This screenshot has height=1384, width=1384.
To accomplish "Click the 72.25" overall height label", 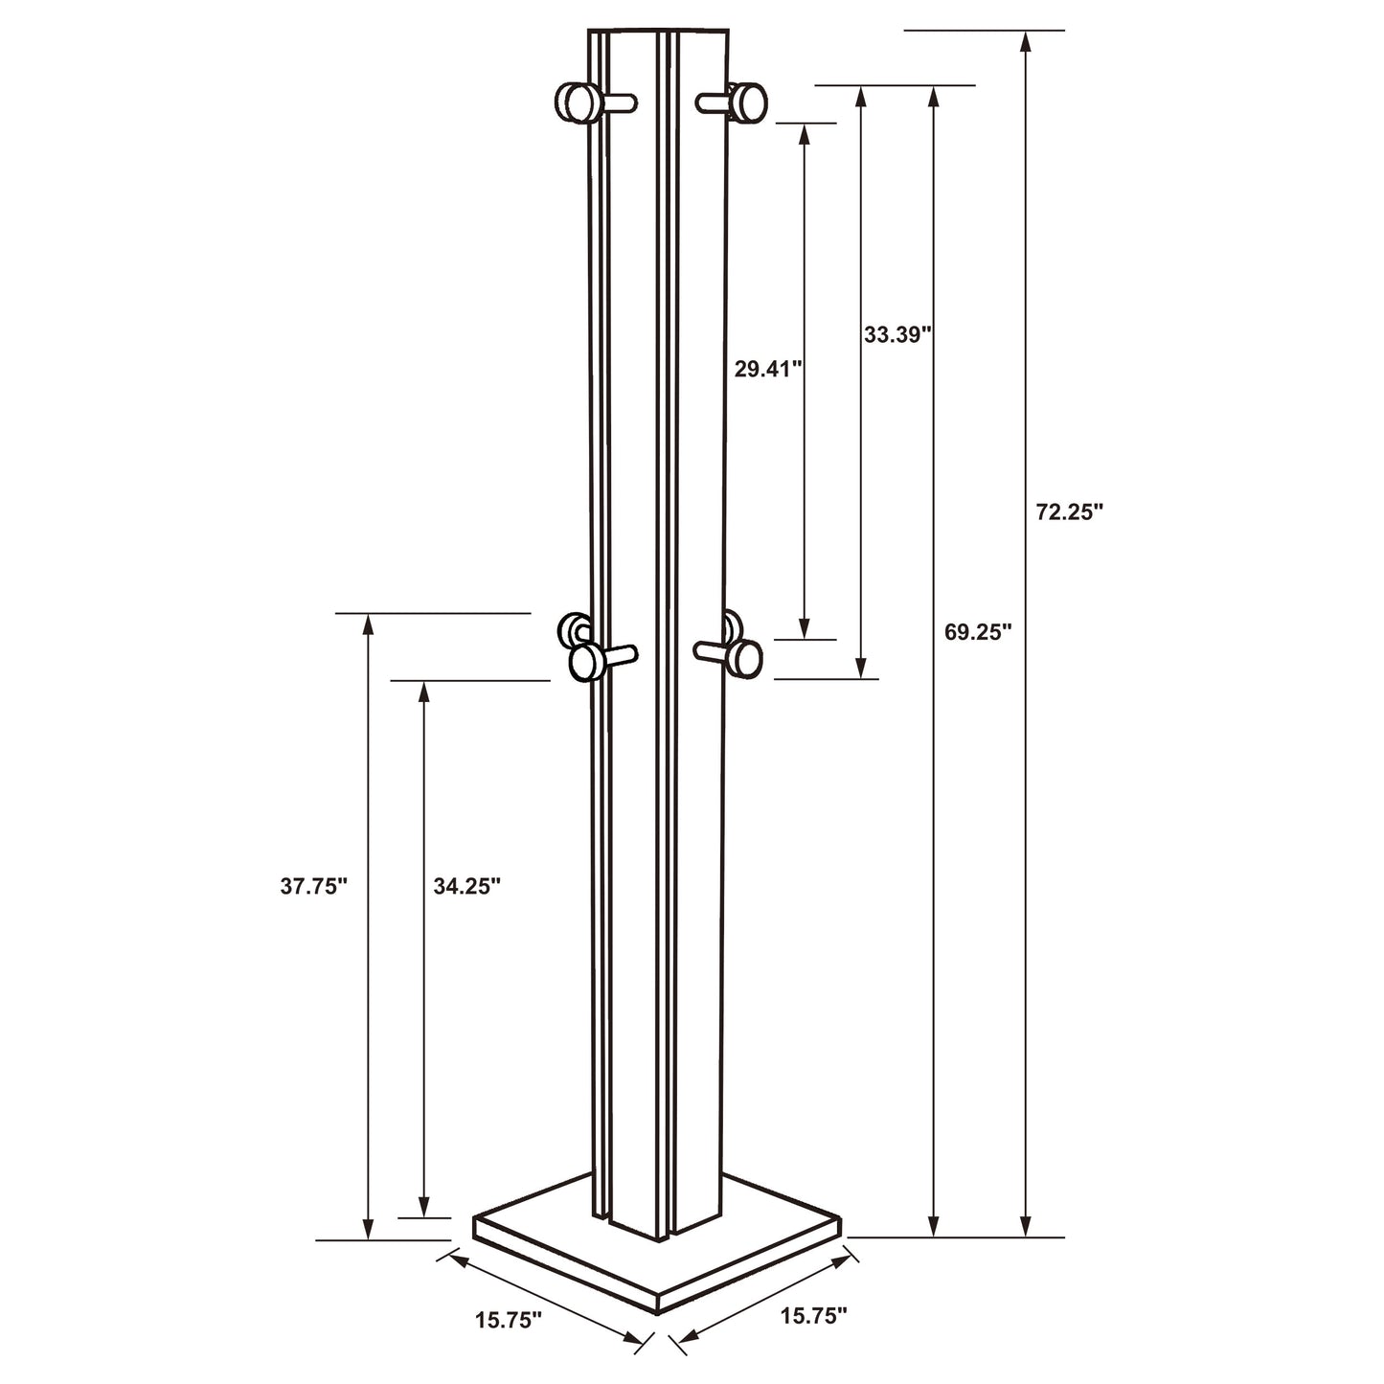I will click(x=1069, y=511).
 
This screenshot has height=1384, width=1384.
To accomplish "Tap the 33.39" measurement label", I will click(x=897, y=334).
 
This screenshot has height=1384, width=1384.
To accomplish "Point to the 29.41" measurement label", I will click(x=767, y=369).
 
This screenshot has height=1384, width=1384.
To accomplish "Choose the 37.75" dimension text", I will click(x=313, y=886).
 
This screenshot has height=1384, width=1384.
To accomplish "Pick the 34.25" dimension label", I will click(x=467, y=886).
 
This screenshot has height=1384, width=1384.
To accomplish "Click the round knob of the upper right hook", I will click(x=748, y=102).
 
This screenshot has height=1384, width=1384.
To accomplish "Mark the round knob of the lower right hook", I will click(x=744, y=659).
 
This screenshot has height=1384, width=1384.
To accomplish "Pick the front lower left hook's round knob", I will click(x=584, y=662).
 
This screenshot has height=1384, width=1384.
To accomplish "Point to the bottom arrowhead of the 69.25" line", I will click(x=934, y=1227).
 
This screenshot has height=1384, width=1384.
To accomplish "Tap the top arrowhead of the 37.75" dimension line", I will click(x=367, y=623).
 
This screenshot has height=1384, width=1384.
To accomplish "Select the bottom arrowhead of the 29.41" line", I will click(x=804, y=629).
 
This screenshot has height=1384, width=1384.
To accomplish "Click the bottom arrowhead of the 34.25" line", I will click(x=422, y=1209).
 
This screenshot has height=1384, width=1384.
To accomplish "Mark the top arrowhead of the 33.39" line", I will click(x=861, y=95).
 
